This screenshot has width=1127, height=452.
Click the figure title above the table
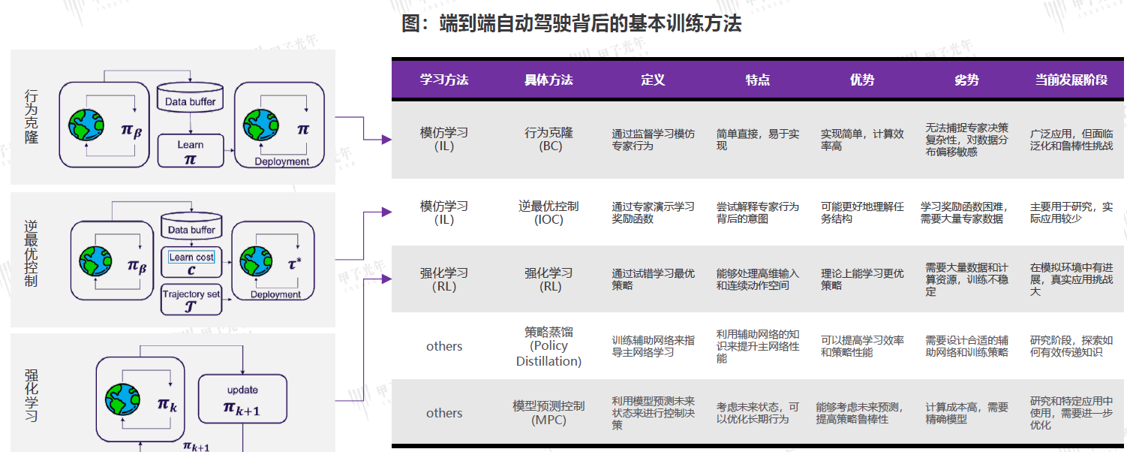click(x=571, y=24)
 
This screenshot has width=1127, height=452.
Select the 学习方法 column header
click(x=443, y=80)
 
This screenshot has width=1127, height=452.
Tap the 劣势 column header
click(x=966, y=80)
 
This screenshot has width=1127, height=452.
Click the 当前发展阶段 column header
click(x=1071, y=80)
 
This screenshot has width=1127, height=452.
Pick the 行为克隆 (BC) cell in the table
click(x=548, y=139)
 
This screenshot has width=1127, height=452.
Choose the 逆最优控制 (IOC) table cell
click(x=548, y=212)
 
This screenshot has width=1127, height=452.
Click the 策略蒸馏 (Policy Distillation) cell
click(x=548, y=346)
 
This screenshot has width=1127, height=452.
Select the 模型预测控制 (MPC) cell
click(x=548, y=412)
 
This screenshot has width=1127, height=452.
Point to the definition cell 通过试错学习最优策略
click(x=653, y=279)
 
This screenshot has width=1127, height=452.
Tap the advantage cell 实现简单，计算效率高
click(x=862, y=140)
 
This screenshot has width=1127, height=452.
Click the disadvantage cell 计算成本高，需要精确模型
click(x=966, y=413)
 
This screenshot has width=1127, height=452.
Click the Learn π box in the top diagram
click(x=191, y=150)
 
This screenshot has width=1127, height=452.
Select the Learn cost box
click(x=191, y=263)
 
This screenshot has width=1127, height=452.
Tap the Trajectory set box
click(x=191, y=300)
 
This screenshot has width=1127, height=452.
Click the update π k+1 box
click(x=242, y=399)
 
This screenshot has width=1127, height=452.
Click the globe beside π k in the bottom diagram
click(x=123, y=399)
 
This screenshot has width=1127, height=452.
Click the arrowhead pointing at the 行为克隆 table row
click(x=386, y=140)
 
